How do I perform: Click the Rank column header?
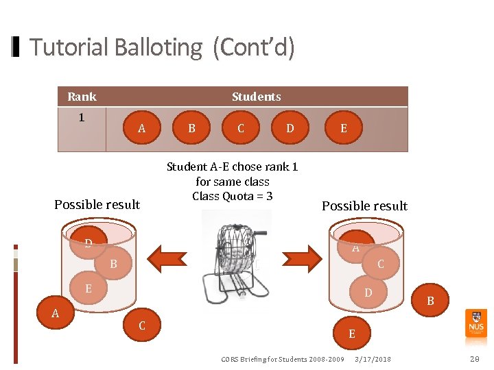coord(82,97)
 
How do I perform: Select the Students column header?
coord(256,97)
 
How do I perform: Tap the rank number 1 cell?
coord(82,117)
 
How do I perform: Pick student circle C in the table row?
coord(240,128)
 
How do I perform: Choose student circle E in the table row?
coord(343,128)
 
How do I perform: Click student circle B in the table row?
coord(191,128)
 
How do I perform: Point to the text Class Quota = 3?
coord(233,197)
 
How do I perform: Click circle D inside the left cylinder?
coord(89,243)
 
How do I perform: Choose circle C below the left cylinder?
coord(142,325)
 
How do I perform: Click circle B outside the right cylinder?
coord(430,300)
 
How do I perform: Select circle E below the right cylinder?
coord(352,334)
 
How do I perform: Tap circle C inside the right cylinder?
coord(380,264)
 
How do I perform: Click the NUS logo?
coord(475,323)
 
